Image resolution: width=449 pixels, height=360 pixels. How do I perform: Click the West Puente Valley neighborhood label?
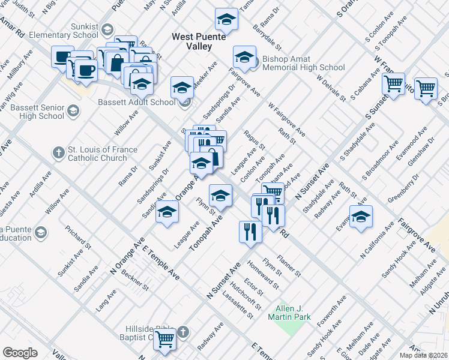199,41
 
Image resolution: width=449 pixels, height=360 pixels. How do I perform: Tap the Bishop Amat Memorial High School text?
304,64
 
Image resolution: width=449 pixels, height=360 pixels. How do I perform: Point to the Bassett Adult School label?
137,102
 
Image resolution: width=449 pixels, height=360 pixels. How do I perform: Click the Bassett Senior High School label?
32,111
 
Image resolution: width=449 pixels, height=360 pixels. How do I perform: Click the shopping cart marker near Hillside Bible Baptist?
164,338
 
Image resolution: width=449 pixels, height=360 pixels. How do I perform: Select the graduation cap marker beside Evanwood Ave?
361,217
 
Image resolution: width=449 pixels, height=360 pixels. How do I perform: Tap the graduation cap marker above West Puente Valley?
226,20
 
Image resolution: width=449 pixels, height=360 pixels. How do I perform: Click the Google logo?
20,353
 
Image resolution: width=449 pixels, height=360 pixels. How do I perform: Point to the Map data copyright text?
423,355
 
